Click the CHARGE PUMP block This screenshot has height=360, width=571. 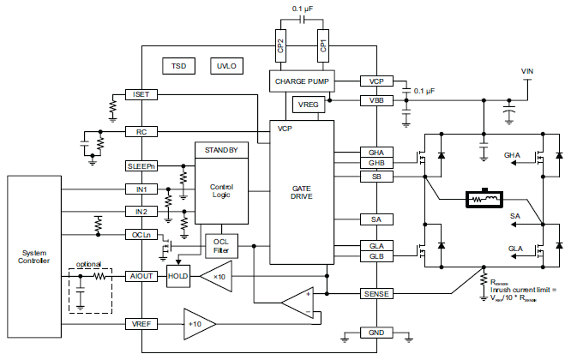tap(301, 81)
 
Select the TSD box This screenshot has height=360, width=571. tap(178, 65)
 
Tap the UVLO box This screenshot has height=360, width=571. tap(226, 65)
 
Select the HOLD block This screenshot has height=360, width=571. tap(177, 276)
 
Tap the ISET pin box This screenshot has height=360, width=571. tap(140, 93)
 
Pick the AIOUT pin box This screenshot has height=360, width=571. tap(140, 276)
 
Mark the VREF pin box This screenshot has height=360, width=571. tap(140, 324)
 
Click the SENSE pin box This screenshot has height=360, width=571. tap(376, 294)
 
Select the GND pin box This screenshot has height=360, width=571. tap(376, 332)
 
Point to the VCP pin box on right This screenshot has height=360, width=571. tap(376, 81)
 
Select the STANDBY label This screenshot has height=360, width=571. tap(222, 150)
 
